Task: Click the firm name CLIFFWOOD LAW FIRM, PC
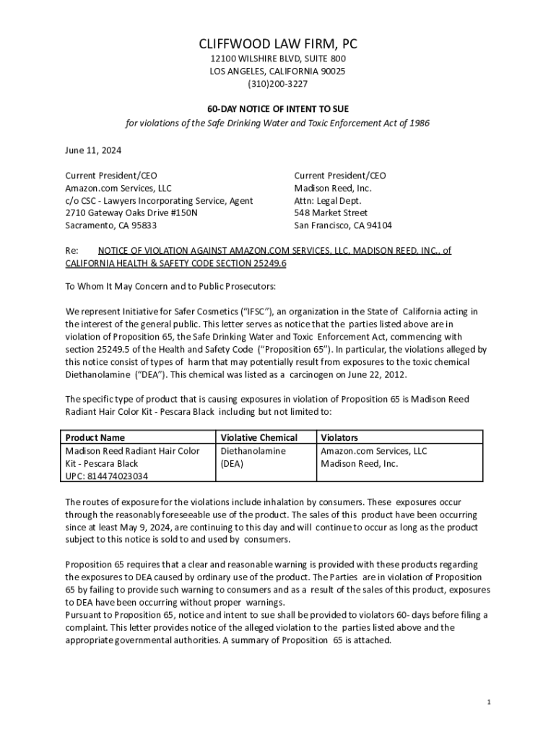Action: [278, 45]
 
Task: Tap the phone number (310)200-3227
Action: [278, 84]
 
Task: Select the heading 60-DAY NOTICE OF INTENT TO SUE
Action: [278, 108]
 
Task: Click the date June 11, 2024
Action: [93, 150]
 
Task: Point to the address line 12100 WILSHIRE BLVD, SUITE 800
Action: [278, 59]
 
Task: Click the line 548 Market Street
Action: [331, 212]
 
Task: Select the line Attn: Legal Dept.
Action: [328, 200]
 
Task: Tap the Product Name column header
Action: [95, 437]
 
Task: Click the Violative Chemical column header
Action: [259, 437]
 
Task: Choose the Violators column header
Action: [339, 437]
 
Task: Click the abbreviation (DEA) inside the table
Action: [232, 463]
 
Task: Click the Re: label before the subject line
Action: [71, 251]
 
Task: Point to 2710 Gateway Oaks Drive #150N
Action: [131, 212]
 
